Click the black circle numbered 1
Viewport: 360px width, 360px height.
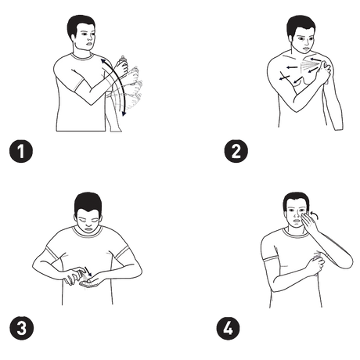coord(21,151)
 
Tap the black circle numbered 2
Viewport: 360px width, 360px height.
coord(236,151)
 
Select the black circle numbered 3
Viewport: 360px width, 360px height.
coord(22,328)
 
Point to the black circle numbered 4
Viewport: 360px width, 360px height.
coord(228,328)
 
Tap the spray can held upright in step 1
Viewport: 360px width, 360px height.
coord(122,61)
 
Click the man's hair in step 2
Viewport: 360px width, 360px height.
coord(299,25)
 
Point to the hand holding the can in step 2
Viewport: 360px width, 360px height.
coord(324,70)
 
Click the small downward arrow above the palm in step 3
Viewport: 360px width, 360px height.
coord(88,272)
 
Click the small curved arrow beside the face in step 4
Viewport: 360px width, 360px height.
coord(315,214)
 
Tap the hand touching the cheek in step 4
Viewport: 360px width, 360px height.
coord(311,222)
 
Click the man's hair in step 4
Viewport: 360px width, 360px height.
coord(296,201)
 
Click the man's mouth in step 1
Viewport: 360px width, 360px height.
coord(89,43)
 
